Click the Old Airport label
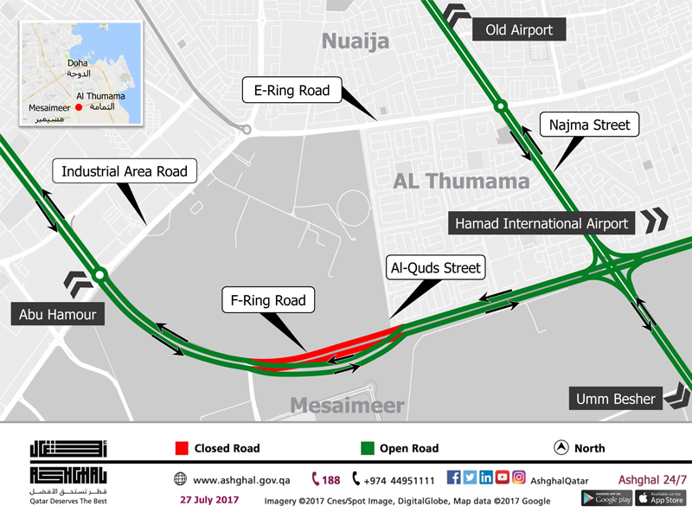519,30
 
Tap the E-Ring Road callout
292,90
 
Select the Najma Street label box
589,125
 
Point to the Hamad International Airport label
541,223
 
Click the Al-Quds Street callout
435,268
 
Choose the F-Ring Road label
268,301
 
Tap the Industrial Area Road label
125,171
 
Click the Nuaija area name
356,41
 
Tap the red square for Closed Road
182,448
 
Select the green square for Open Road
368,448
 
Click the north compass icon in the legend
561,448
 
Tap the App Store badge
660,498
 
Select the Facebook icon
453,477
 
